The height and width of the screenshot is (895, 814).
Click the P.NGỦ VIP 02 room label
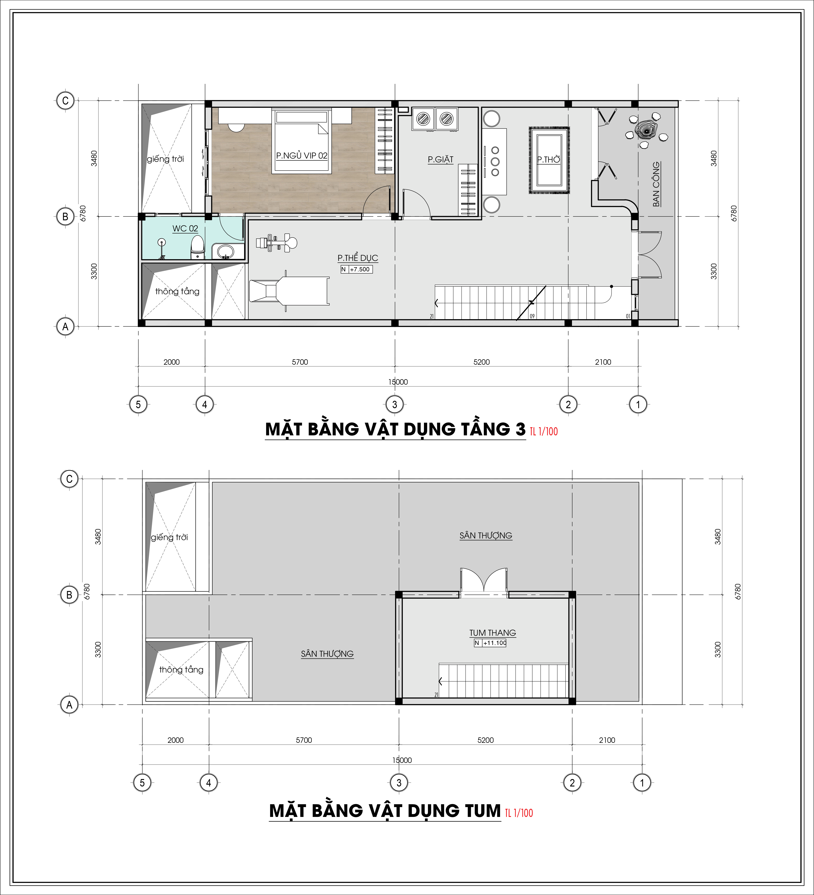coord(302,155)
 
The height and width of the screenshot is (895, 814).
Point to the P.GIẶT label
coord(440,159)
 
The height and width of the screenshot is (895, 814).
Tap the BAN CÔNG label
coord(656,184)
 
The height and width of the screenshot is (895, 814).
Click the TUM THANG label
coord(492,633)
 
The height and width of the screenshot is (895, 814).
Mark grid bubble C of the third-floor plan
coord(65,101)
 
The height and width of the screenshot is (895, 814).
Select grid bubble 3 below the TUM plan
coord(399,783)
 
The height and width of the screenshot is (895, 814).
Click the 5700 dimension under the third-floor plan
coord(300,362)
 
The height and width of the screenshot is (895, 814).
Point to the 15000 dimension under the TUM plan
coord(402,760)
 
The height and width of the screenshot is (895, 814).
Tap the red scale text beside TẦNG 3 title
coord(544,431)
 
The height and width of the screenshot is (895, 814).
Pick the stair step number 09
coord(532,316)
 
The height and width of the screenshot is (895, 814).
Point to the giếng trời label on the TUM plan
coord(169,537)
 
